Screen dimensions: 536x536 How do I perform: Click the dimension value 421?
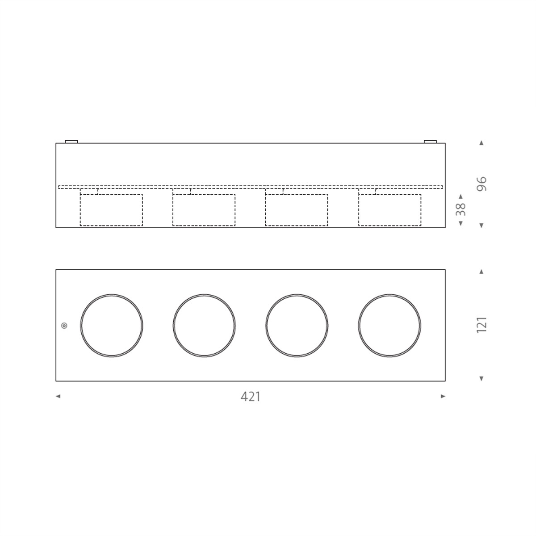250,396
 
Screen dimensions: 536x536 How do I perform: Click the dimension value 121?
482,325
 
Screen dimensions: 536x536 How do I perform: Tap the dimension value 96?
482,184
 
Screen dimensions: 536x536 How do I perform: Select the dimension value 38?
461,209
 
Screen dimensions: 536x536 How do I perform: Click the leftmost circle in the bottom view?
112,326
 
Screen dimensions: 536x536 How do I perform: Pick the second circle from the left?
204,326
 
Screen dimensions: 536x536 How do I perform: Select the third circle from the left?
297,326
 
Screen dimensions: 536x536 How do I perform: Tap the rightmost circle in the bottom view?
389,326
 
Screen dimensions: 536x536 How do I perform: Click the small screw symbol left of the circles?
64,326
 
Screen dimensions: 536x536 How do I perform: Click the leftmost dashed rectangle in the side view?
111,210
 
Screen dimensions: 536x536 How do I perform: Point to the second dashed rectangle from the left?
204,210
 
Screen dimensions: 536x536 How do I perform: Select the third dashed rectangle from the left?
296,210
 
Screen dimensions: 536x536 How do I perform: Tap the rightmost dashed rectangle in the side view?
389,210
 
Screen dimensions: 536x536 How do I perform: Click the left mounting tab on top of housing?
71,142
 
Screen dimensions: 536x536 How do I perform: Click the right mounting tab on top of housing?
430,142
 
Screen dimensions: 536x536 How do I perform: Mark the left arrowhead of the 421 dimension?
58,396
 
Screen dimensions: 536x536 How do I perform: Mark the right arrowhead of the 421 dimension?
443,396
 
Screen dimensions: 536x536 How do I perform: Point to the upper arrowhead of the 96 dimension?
482,143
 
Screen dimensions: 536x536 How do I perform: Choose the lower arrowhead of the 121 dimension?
482,379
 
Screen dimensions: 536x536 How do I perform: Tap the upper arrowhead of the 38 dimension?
461,196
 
